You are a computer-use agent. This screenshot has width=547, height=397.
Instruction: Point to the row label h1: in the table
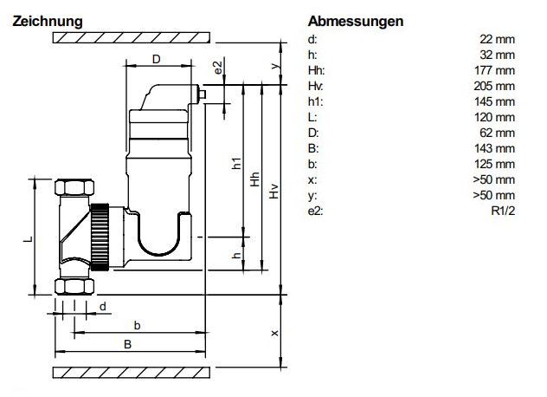314,101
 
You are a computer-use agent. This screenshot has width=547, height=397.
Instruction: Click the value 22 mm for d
499,39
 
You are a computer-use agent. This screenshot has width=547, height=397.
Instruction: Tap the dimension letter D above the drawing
156,59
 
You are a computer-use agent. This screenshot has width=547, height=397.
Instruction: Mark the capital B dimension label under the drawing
128,344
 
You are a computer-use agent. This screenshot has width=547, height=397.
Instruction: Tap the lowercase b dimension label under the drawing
136,323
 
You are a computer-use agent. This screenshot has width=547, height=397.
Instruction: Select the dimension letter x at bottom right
275,333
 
